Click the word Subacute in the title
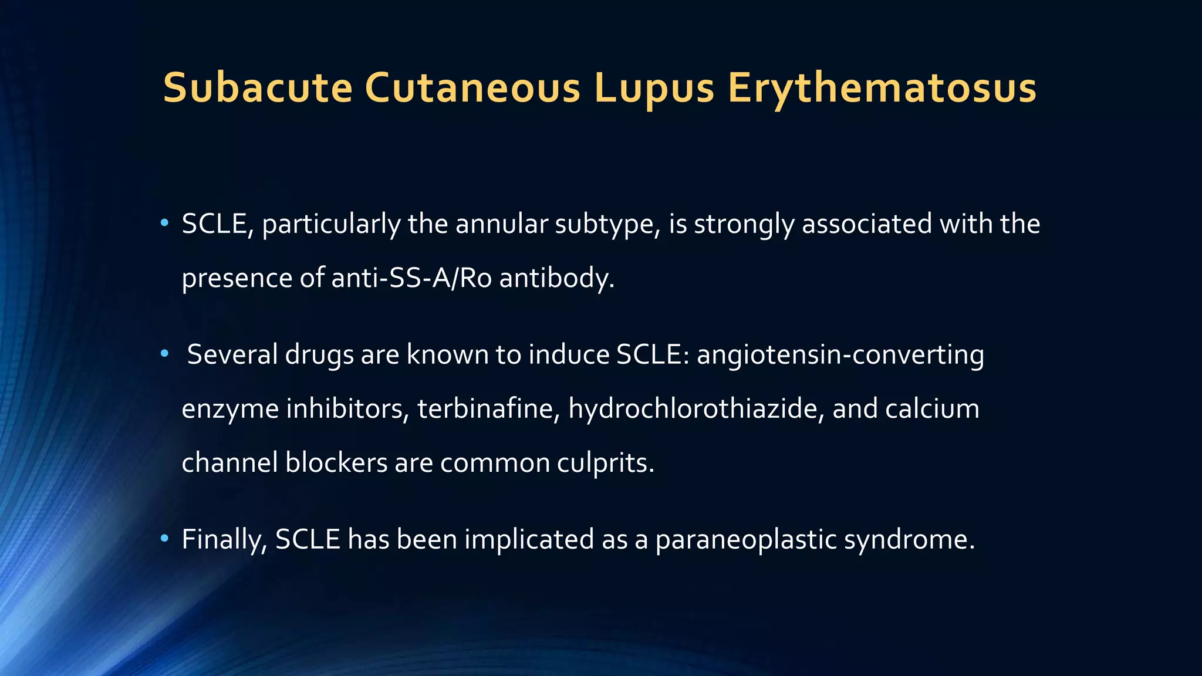(x=257, y=88)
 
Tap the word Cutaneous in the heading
(x=472, y=88)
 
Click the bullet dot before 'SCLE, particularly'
(x=164, y=223)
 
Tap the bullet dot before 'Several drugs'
(x=164, y=354)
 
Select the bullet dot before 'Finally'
(x=164, y=538)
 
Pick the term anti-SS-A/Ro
(x=411, y=278)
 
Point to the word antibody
(x=556, y=278)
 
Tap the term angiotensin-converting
(x=840, y=355)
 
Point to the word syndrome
(x=909, y=539)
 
